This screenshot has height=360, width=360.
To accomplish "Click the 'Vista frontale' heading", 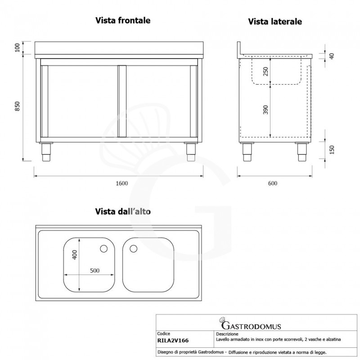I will pyautogui.click(x=122, y=20).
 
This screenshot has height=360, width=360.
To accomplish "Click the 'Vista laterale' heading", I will pyautogui.click(x=275, y=22).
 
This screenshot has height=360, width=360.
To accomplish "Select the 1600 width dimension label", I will pyautogui.click(x=122, y=183).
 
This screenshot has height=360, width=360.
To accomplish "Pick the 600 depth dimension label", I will pyautogui.click(x=272, y=183).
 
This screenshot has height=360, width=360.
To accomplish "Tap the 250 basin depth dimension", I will pyautogui.click(x=265, y=72).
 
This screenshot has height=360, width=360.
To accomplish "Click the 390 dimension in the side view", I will pyautogui.click(x=265, y=110).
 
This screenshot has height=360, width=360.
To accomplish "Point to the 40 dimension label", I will pyautogui.click(x=332, y=56).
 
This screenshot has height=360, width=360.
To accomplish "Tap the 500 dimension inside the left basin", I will pyautogui.click(x=94, y=270).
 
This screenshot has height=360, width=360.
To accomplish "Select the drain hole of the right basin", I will pyautogui.click(x=134, y=248).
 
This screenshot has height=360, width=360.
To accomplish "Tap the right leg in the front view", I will pyautogui.click(x=190, y=152).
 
